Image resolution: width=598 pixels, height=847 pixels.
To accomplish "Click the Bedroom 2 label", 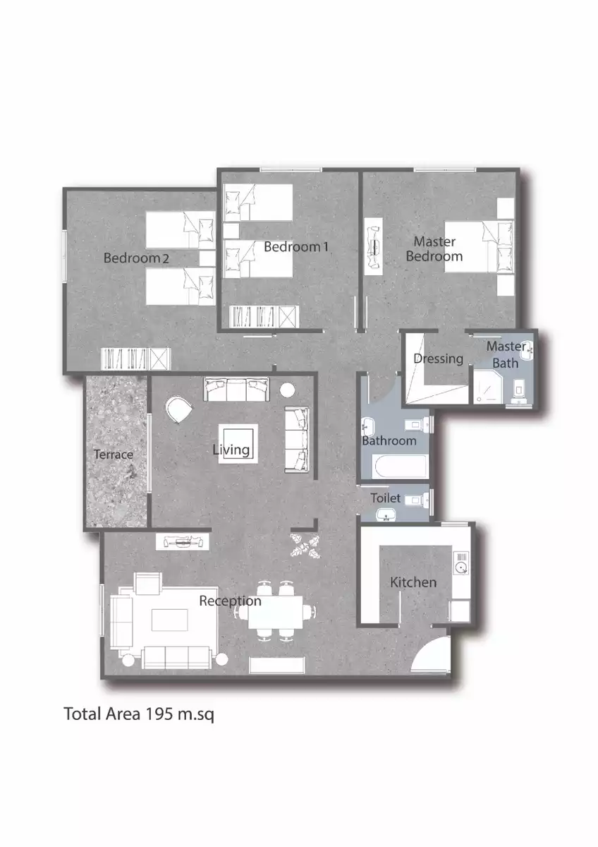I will [x=136, y=258].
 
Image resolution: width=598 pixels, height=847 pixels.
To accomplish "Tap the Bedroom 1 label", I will [x=296, y=246].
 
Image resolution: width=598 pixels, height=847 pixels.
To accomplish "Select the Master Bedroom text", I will [x=434, y=249].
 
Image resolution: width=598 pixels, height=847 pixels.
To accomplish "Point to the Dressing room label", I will [x=438, y=359].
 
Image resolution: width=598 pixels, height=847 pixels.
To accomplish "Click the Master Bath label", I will [x=506, y=354].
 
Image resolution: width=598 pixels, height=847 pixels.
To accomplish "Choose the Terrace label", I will [x=113, y=454].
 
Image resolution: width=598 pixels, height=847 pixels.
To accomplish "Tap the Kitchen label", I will [x=413, y=582].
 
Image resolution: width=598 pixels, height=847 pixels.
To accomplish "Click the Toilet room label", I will [x=385, y=498].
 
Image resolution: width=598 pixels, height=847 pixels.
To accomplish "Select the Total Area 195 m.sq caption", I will [x=138, y=714].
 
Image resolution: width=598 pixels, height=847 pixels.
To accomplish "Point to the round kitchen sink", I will [x=460, y=566].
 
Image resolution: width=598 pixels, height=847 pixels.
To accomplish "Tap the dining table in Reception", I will [x=276, y=611].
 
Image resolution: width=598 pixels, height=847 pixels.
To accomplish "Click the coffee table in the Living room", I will [x=238, y=443].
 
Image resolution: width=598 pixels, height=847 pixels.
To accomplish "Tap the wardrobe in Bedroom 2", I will [x=135, y=359].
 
